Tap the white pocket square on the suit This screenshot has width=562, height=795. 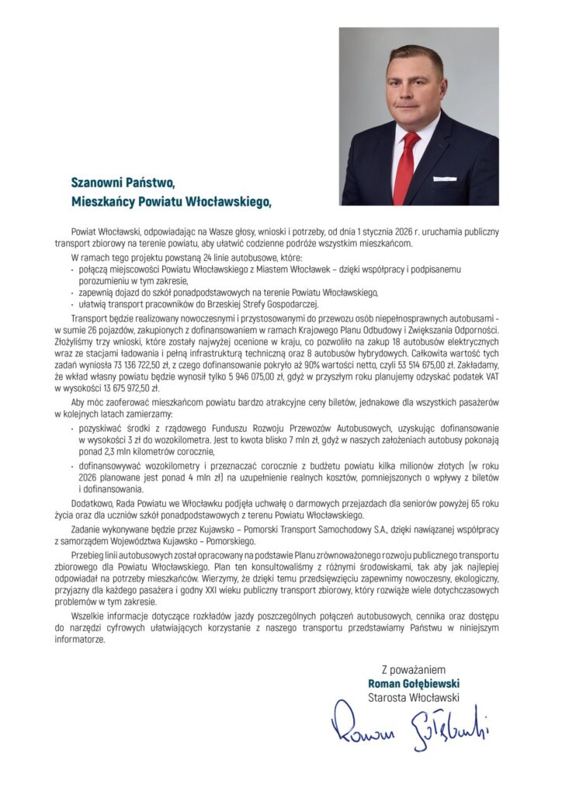445,179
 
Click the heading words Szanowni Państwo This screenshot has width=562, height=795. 123,183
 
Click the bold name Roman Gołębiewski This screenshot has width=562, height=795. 414,683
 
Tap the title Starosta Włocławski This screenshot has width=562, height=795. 414,697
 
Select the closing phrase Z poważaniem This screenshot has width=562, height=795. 414,669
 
